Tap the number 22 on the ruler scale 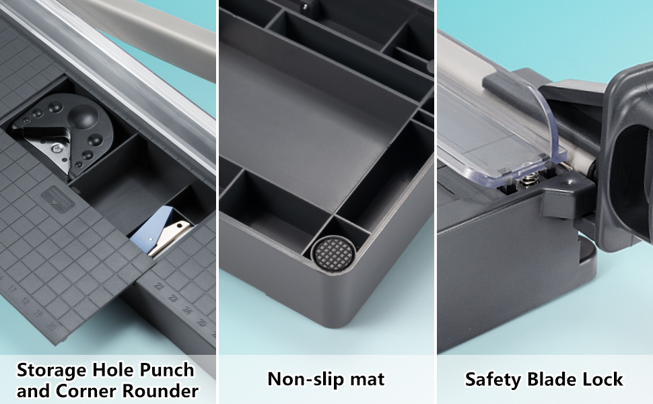point(159,286)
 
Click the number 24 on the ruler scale point(188,310)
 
